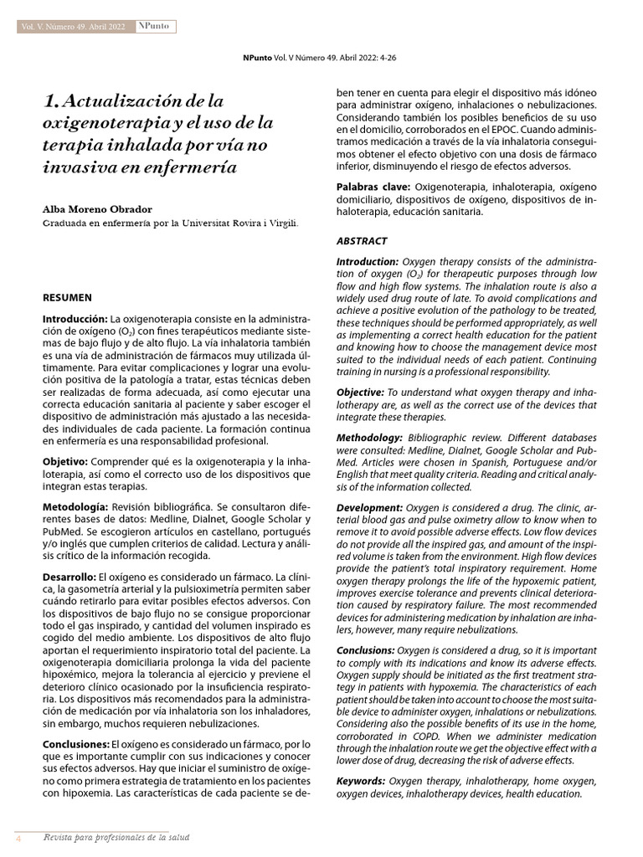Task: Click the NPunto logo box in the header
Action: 153,27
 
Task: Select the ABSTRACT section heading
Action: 363,241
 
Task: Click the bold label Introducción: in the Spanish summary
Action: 76,319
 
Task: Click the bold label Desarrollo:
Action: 70,577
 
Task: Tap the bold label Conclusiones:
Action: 77,743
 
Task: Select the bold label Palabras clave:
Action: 373,186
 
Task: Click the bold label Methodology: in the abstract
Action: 369,438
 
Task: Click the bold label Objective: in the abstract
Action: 360,393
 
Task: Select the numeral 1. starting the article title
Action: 52,102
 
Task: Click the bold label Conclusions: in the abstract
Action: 366,649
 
